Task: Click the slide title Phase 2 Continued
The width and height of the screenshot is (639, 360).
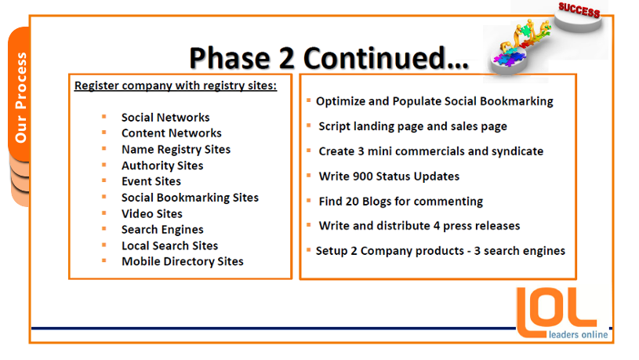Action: [329, 58]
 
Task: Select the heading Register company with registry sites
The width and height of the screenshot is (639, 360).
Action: [176, 85]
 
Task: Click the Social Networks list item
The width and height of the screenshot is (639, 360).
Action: [165, 118]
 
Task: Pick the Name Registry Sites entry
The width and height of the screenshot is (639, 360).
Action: [176, 150]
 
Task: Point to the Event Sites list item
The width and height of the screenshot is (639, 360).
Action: [151, 181]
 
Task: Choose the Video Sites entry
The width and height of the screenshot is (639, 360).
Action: [152, 213]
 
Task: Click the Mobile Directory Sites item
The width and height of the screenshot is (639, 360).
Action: [183, 261]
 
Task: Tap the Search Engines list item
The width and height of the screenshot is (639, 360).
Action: [162, 230]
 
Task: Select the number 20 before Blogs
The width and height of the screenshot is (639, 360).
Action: [352, 202]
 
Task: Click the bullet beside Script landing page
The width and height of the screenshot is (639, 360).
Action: [309, 125]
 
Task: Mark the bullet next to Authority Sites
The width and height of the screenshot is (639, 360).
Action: [104, 165]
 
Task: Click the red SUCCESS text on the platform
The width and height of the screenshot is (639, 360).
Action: [579, 9]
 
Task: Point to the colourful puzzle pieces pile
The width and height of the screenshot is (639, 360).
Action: [510, 56]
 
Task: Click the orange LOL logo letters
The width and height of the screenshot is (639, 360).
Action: [556, 312]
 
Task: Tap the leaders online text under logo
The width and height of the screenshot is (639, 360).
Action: [578, 335]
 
